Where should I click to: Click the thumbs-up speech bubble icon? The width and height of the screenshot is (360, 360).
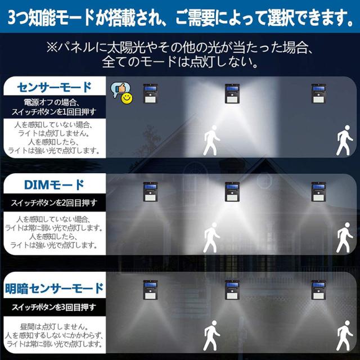120,89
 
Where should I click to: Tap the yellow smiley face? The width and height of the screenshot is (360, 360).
127,98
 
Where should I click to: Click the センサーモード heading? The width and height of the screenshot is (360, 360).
55,87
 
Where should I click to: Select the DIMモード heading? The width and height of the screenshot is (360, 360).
55,185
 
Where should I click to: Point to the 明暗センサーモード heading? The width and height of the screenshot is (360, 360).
55,289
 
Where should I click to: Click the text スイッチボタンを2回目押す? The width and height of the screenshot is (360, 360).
55,202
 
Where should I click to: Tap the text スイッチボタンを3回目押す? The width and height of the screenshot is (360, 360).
55,307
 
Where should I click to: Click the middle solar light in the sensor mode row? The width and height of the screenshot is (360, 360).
232,93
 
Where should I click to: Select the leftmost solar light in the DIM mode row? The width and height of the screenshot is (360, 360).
150,192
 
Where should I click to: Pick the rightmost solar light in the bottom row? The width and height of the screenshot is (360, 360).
319,290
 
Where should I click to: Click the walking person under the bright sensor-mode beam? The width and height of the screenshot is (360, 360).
211,140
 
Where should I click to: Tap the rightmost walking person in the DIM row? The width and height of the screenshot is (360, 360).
344,237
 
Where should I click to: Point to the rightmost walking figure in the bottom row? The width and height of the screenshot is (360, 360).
344,336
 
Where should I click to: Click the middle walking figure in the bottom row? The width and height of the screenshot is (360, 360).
211,336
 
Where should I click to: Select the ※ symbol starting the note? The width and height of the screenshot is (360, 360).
52,47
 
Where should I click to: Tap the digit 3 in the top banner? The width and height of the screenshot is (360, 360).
12,17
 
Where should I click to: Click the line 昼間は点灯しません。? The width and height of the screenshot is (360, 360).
54,327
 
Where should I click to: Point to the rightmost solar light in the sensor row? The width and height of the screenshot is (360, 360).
319,93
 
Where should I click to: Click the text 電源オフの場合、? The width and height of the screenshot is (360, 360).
52,102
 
